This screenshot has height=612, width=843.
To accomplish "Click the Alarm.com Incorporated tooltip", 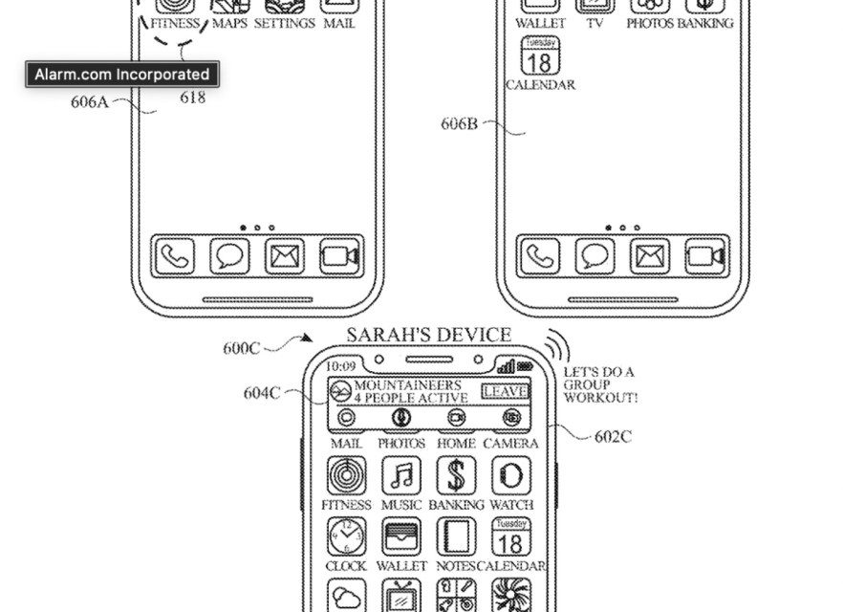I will point(121,74).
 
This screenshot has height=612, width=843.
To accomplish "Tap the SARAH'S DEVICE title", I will point(428,335).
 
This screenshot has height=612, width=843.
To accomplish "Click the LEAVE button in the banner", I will point(505,391).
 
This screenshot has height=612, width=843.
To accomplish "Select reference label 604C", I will point(261,392).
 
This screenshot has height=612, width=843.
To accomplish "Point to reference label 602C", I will point(613,436).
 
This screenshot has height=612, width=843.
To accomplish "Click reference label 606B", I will point(459,123).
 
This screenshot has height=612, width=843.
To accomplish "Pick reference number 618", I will point(192,97).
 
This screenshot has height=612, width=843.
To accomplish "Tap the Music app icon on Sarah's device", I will point(402,475).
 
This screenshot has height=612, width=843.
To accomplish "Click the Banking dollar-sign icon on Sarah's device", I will point(456,475).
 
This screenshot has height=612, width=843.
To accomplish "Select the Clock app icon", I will point(346,536).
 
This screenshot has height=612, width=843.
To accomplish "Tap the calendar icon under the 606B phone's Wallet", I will point(539,56).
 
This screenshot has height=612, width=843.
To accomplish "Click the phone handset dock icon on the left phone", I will point(174,256).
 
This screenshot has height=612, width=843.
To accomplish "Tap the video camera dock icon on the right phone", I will point(706,256).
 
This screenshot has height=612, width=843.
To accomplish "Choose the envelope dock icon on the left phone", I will point(284,256).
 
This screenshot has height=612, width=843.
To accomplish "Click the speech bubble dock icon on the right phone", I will point(594,256).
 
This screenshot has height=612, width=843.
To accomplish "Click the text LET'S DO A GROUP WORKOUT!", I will point(599,384).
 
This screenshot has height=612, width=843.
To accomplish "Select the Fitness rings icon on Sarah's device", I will point(346,475).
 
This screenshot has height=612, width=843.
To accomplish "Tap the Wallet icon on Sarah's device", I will point(401,536).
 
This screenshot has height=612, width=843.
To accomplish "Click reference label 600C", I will point(242,348).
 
